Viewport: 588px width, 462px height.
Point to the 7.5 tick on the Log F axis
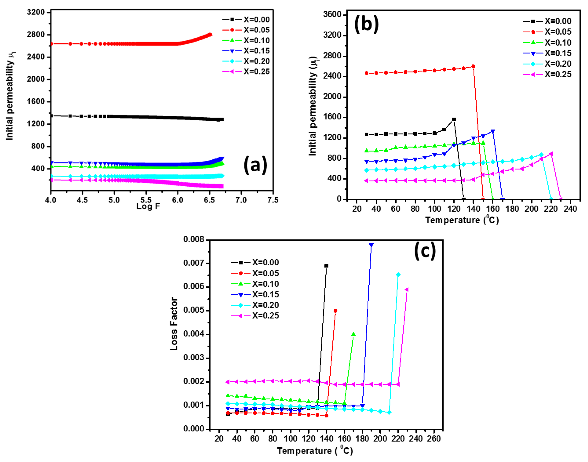coord(273,200)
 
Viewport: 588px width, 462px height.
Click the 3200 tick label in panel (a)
coord(36,12)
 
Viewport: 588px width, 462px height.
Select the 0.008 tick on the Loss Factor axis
coord(194,239)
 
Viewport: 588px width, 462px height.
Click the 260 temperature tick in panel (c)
coord(434,439)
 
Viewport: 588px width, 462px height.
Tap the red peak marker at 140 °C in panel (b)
coord(473,66)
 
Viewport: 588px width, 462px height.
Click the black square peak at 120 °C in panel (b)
coord(454,119)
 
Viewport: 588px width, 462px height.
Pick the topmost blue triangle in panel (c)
coord(371,245)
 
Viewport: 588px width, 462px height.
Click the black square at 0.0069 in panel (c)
coord(327,266)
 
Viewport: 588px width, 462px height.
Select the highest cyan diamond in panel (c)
coord(398,275)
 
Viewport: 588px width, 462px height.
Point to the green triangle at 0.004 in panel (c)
coord(353,334)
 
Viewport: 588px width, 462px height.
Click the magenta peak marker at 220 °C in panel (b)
coord(551,154)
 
